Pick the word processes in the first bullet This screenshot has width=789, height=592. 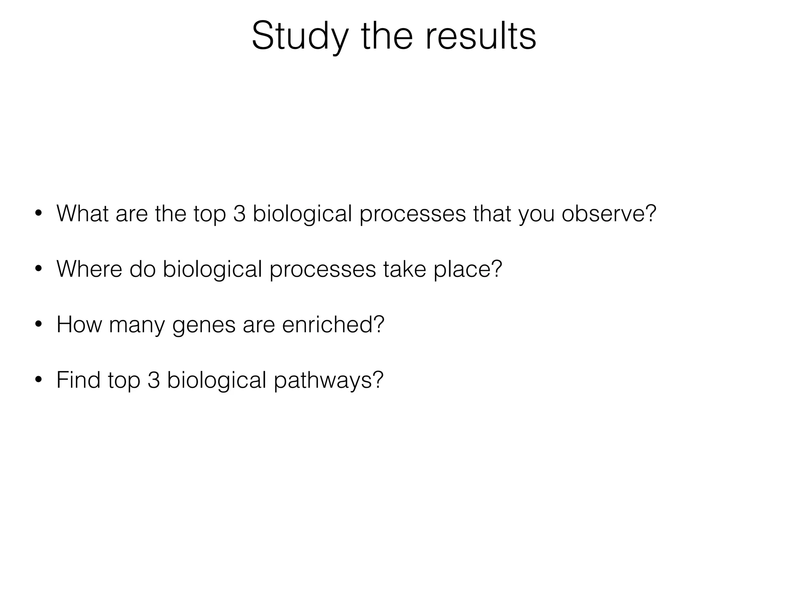[x=413, y=214]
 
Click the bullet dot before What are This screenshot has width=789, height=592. [x=38, y=214]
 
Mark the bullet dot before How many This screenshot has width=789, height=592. [x=38, y=325]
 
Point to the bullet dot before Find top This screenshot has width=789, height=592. [x=38, y=380]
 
